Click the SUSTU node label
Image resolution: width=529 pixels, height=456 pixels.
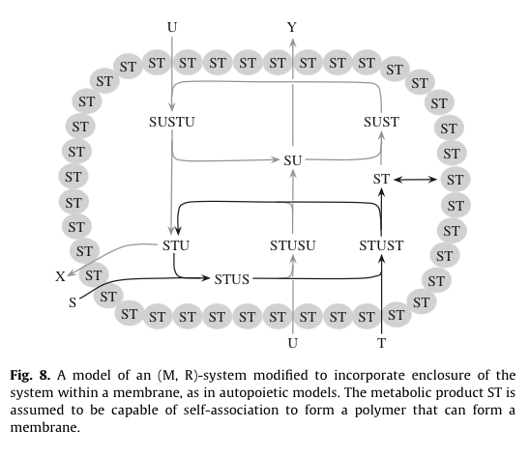pos(173,123)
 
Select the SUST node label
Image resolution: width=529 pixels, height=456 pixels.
pos(381,123)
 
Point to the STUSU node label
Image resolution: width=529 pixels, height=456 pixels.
pos(292,245)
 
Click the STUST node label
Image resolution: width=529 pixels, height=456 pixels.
pos(381,245)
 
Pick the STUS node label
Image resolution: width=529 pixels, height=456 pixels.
pos(231,280)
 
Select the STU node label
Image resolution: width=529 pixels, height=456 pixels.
pos(175,245)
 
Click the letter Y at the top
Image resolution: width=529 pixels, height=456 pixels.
pos(292,27)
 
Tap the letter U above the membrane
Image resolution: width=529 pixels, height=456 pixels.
pos(172,27)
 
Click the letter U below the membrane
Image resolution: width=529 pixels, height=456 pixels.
pos(292,343)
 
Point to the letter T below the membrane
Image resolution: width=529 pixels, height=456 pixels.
pos(382,343)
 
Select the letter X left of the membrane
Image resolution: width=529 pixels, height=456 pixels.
pos(61,277)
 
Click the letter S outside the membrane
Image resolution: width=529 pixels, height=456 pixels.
pos(72,302)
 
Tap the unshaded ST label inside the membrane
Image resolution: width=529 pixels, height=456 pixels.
pos(381,180)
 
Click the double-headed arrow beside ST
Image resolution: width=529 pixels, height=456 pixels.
pos(417,180)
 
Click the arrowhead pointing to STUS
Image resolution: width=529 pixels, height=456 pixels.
pos(206,280)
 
